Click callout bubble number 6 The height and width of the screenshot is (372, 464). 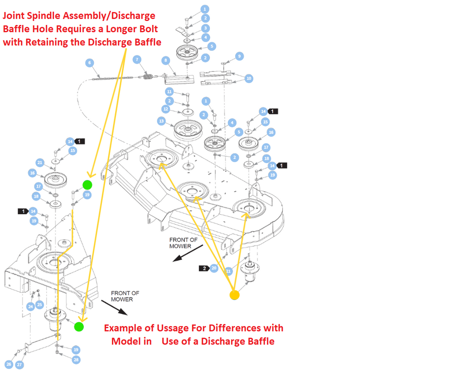(89, 63)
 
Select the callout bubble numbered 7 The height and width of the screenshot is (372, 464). (136, 60)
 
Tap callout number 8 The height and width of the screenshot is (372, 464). (166, 60)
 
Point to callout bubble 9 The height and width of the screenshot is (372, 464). (239, 56)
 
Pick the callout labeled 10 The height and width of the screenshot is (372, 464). (249, 78)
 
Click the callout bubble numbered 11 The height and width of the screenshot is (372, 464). (169, 92)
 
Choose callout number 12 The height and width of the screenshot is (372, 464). (166, 109)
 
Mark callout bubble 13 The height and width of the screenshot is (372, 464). (161, 121)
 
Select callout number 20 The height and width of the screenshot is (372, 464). (214, 268)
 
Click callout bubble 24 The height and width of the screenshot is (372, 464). (30, 307)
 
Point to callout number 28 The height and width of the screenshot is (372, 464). (76, 360)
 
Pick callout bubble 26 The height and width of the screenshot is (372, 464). (9, 364)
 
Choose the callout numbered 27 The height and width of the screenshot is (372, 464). (19, 364)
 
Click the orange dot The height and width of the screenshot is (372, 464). (234, 295)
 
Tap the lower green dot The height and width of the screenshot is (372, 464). (79, 327)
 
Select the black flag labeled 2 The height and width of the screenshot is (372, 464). (204, 268)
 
